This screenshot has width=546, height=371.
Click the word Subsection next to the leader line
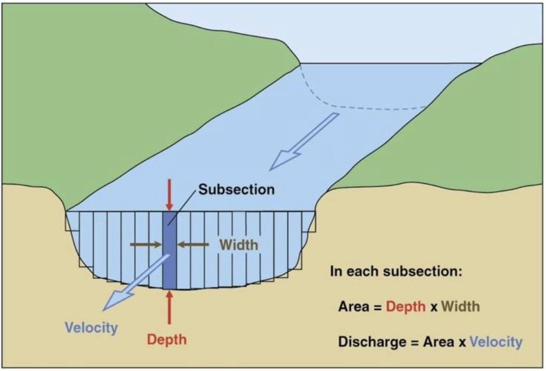coord(236,190)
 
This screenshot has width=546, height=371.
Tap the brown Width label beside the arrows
coord(239,245)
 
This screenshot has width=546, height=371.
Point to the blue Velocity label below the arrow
coord(91,328)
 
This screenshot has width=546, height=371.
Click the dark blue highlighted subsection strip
coord(169,250)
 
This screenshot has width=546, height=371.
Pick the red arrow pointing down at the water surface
coord(169,195)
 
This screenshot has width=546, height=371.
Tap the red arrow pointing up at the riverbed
coord(169,307)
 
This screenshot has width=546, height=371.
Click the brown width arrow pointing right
coord(146,244)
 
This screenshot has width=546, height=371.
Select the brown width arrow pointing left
coord(193,244)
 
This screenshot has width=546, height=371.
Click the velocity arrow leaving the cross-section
coord(136,282)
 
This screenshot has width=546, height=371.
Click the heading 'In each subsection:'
coord(396,271)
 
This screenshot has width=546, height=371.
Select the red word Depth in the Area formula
coord(406,307)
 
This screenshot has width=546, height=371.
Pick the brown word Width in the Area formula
coord(461,307)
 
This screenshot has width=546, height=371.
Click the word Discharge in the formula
coord(372,341)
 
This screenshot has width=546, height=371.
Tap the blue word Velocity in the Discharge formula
coord(496,341)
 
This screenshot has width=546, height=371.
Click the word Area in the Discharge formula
coord(439,341)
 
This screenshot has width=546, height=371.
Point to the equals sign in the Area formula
coord(377,307)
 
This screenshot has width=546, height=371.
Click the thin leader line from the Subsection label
coord(182,209)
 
